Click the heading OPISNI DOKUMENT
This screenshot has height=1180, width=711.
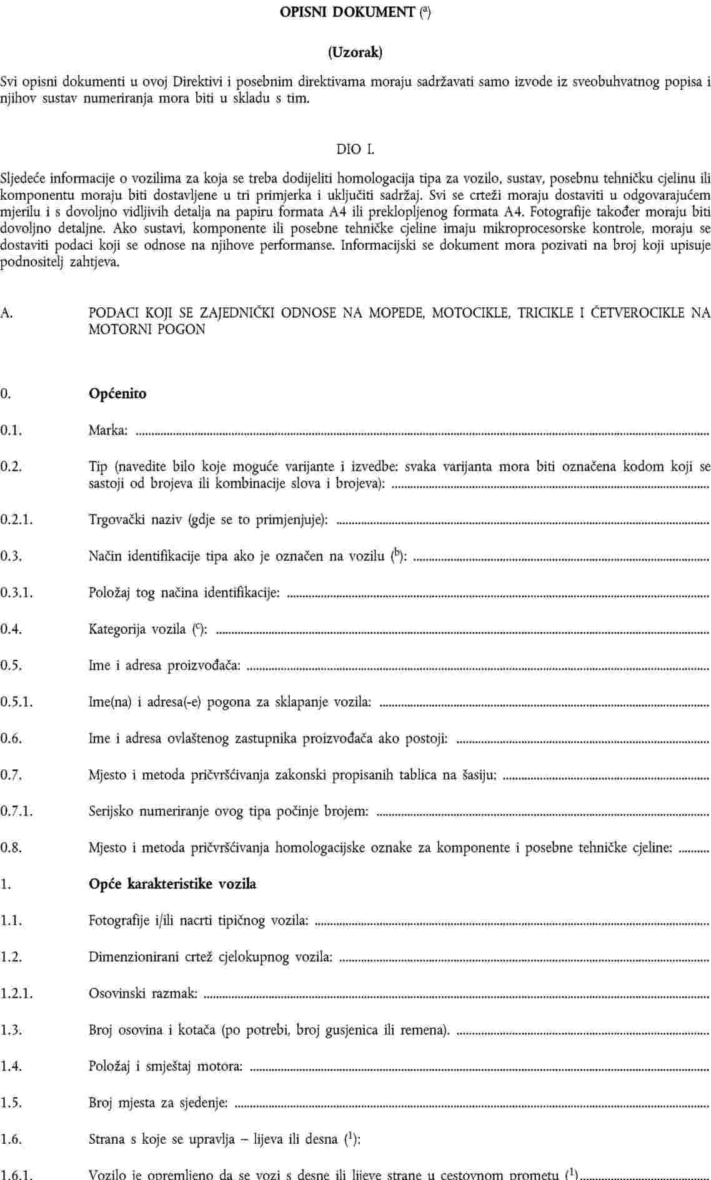tap(347, 12)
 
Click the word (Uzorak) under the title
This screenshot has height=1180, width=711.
tap(355, 52)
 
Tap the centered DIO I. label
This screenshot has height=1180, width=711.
tap(355, 149)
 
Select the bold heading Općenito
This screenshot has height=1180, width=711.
tap(117, 394)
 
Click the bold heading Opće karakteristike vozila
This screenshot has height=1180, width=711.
tap(172, 884)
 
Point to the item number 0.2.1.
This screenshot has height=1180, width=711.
tap(16, 519)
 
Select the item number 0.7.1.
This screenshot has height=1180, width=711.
tap(16, 812)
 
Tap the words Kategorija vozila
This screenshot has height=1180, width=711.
tap(136, 629)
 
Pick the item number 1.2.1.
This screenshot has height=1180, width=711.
tap(16, 993)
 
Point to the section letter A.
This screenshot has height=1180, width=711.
tap(6, 312)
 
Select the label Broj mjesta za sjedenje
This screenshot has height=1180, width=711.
tap(158, 1103)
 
